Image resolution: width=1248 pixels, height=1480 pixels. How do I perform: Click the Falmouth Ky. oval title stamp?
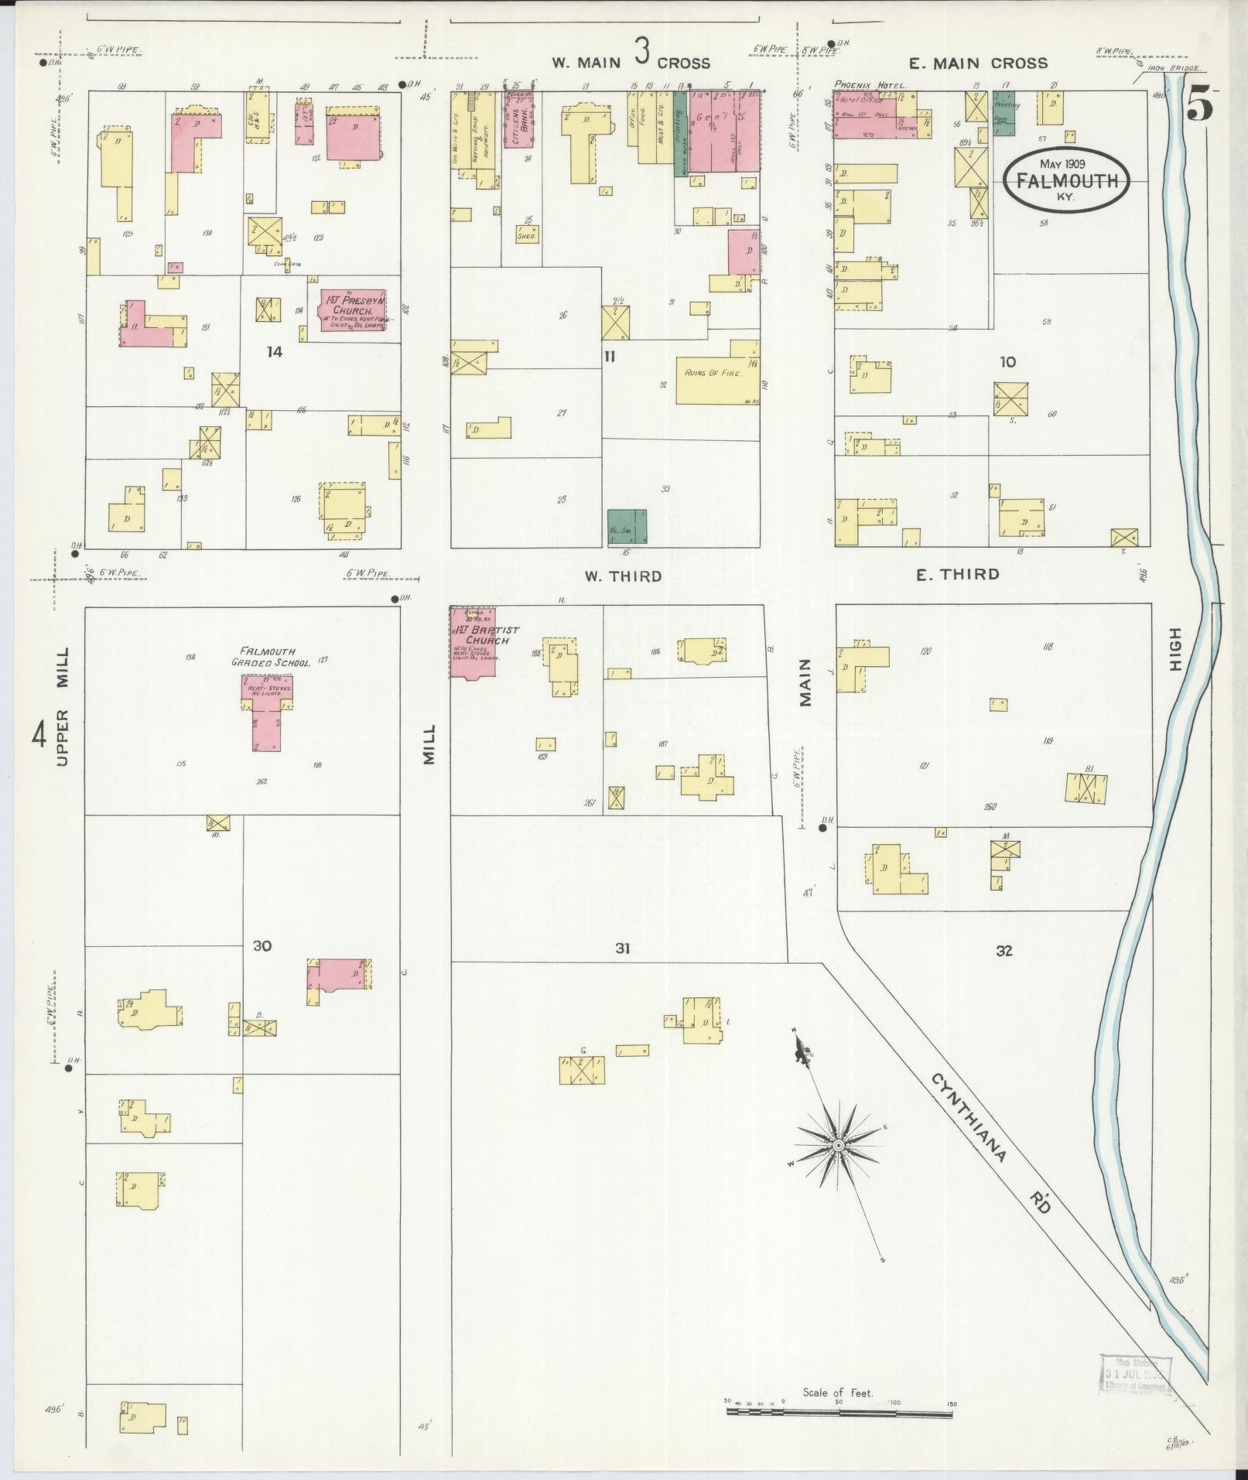click(x=1065, y=178)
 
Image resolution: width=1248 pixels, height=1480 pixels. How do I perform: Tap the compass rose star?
click(x=838, y=1144)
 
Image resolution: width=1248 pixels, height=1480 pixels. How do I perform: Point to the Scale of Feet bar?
click(x=839, y=1413)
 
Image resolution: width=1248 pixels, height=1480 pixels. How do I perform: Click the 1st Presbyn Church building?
click(x=354, y=309)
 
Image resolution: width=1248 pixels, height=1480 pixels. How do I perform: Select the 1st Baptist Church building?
click(x=474, y=643)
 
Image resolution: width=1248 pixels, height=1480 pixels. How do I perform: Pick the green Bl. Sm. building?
click(x=627, y=526)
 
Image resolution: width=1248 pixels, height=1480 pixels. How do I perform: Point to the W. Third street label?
click(x=623, y=576)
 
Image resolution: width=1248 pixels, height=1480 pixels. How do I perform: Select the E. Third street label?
click(x=957, y=574)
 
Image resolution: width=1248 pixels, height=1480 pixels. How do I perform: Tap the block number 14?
click(x=274, y=352)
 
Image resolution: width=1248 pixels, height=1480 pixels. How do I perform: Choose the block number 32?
click(x=1004, y=951)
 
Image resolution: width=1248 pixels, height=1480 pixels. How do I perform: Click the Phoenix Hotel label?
click(x=869, y=85)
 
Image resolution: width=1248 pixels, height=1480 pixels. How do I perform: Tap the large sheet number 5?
click(x=1198, y=106)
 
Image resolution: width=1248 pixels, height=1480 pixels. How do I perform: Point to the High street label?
click(x=1175, y=649)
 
